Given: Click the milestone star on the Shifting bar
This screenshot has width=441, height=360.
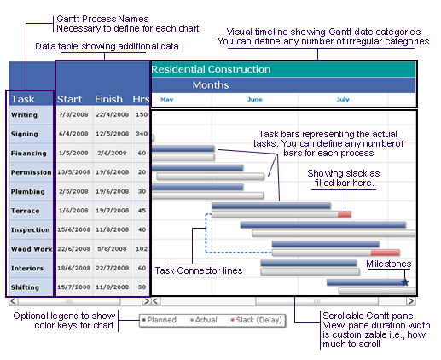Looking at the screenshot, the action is (405, 282).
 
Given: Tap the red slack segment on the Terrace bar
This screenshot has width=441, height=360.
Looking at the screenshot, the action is (344, 214).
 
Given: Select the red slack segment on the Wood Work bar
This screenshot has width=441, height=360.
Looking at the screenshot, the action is (385, 253).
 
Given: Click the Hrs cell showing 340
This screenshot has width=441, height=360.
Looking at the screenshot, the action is (142, 134).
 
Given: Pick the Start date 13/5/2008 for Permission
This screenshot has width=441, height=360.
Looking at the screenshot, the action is (73, 172).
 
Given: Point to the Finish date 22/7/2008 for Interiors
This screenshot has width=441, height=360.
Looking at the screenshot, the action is (112, 268).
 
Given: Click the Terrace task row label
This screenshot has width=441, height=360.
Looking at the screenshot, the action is (25, 211).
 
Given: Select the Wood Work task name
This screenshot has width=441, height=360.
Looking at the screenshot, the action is (32, 249).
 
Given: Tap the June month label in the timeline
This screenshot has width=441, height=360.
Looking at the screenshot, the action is (255, 99).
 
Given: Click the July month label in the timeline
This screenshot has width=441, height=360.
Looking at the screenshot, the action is (343, 99).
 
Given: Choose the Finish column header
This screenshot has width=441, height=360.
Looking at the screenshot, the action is (108, 99).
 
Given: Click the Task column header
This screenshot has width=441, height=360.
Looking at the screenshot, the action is (23, 99).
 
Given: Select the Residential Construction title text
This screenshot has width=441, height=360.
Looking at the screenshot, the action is (211, 69).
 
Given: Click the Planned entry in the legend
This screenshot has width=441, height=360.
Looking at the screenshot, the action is (160, 320).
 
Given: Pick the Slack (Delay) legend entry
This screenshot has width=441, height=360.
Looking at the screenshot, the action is (256, 320).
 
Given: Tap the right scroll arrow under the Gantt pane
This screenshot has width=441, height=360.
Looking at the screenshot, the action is (411, 301).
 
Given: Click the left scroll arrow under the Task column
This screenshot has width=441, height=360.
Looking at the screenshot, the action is (13, 301).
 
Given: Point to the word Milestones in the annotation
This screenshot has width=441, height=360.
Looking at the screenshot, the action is (388, 264).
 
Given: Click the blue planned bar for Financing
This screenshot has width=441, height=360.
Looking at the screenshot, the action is (183, 148).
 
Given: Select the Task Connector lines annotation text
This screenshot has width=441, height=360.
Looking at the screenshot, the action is (199, 270).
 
